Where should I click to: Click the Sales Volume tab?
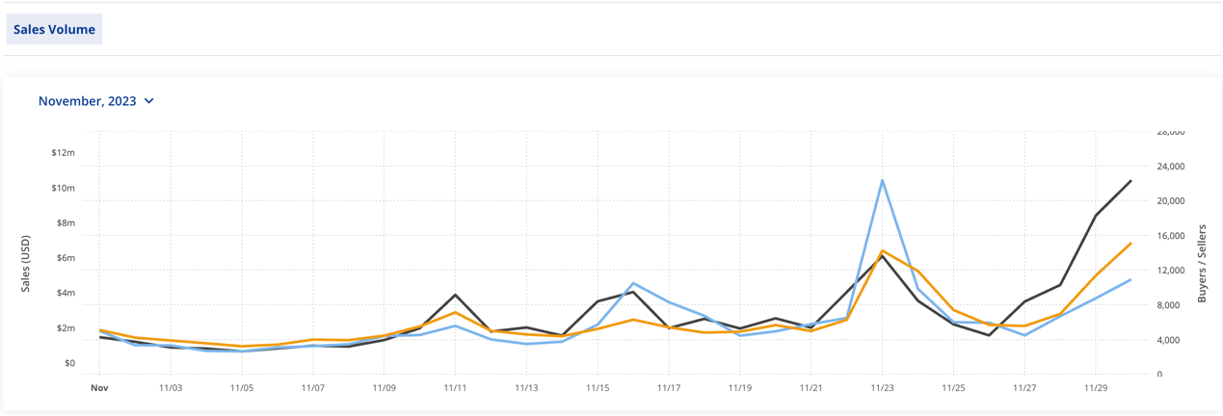click(54, 30)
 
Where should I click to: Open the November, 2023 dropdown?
click(95, 101)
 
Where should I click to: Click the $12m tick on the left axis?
click(64, 153)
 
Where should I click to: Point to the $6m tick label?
click(64, 258)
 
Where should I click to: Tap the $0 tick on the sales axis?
click(68, 363)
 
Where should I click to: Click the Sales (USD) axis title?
click(26, 264)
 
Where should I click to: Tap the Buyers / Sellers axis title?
click(1202, 264)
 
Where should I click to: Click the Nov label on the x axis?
click(98, 388)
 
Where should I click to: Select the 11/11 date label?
click(455, 388)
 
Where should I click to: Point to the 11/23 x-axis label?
click(882, 388)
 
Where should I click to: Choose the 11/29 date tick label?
click(1095, 388)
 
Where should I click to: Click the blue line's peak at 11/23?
click(882, 180)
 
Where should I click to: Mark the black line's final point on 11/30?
click(1130, 181)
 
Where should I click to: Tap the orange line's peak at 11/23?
click(882, 250)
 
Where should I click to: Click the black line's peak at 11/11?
click(455, 295)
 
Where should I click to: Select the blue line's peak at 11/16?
click(633, 283)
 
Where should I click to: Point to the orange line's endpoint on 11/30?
click(1130, 244)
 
